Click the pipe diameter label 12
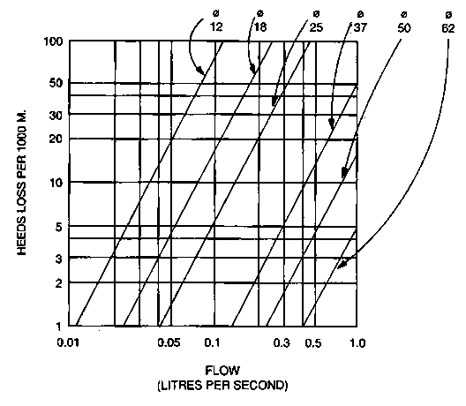tap(216, 27)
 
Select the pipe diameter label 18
tap(260, 27)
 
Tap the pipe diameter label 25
tap(316, 27)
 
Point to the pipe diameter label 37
tap(360, 27)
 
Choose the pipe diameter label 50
tap(404, 28)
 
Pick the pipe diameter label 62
tap(448, 28)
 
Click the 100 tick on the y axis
tap(54, 41)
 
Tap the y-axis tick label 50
tap(56, 83)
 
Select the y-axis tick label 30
tap(56, 116)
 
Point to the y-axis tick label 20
tap(56, 139)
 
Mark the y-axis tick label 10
tap(56, 183)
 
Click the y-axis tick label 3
tap(59, 259)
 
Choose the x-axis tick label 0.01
tap(68, 343)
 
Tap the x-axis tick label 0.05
tap(169, 343)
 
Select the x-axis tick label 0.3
tap(282, 343)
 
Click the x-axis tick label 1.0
tap(357, 343)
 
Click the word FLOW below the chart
tap(222, 371)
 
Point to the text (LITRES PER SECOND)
tap(222, 386)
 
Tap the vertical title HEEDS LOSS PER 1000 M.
tap(22, 183)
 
